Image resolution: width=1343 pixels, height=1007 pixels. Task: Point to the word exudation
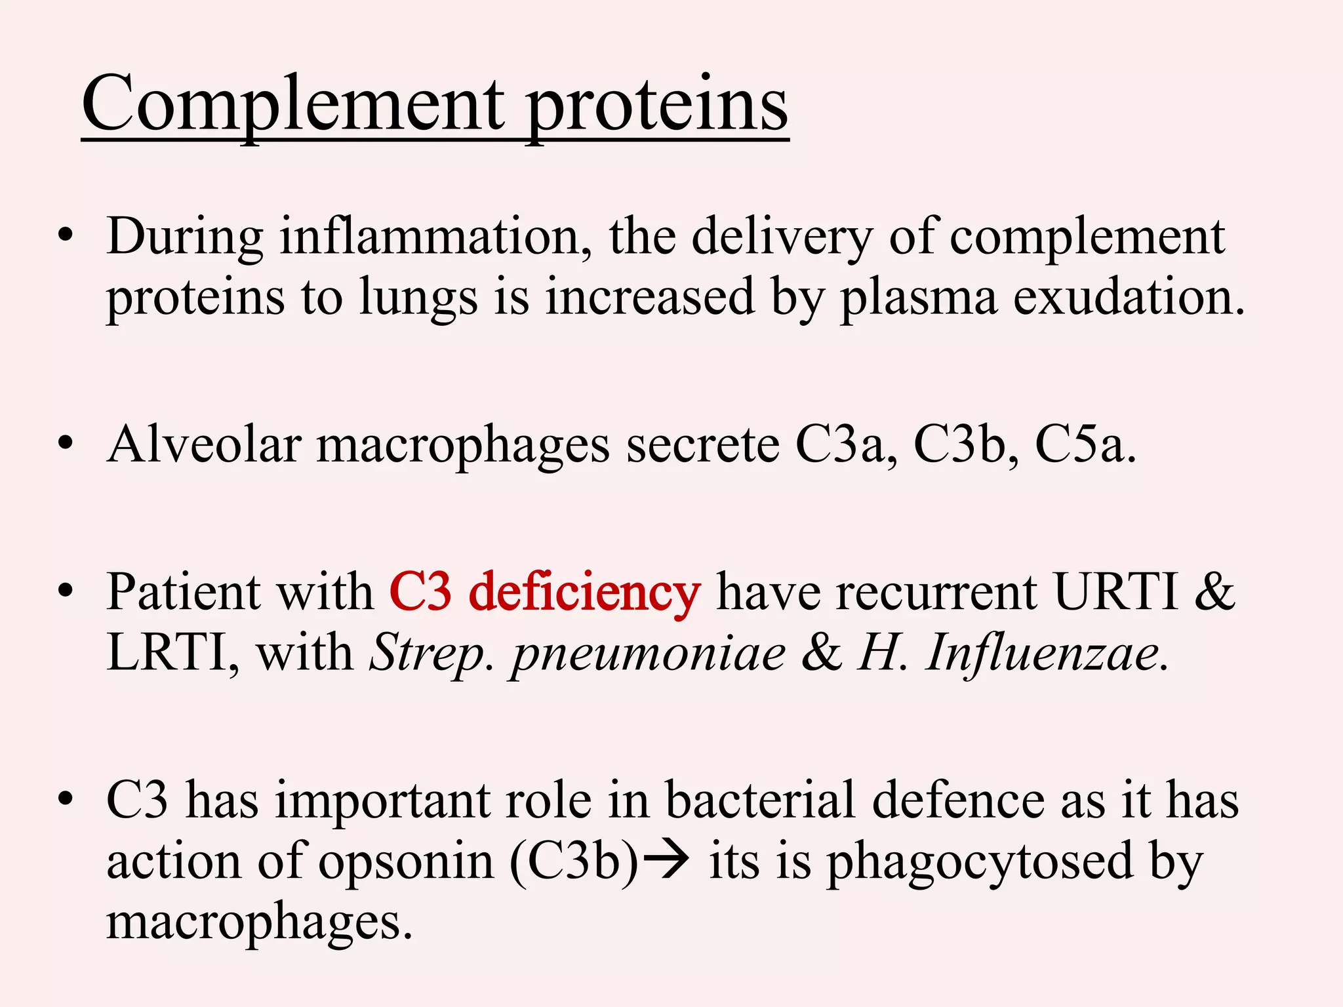pos(1128,296)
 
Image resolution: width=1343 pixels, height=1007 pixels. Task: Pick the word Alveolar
pos(204,444)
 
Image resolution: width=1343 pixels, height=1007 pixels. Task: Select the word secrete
pos(702,444)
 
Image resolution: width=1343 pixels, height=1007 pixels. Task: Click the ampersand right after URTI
pos(1214,592)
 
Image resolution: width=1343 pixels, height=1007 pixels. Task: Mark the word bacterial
pos(760,800)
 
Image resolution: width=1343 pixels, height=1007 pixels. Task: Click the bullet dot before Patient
pos(65,592)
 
